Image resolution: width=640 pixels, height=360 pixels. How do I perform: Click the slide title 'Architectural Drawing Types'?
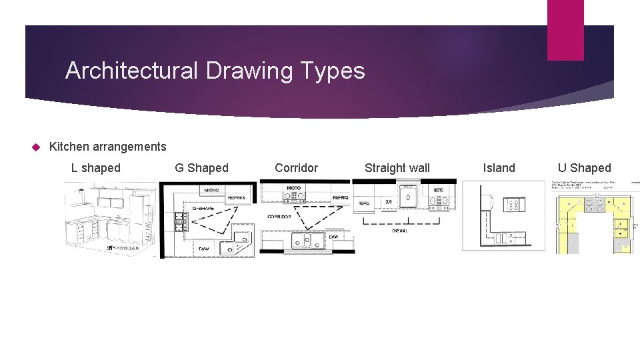pyautogui.click(x=215, y=71)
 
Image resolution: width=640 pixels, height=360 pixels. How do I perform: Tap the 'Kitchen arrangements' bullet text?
pyautogui.click(x=108, y=146)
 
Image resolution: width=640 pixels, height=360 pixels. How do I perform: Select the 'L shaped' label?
pyautogui.click(x=96, y=168)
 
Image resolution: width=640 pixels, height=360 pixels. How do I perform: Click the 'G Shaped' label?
pyautogui.click(x=201, y=168)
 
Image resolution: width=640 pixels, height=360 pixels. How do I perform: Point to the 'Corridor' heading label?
pyautogui.click(x=297, y=168)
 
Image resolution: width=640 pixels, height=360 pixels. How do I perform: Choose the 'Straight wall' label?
pyautogui.click(x=397, y=168)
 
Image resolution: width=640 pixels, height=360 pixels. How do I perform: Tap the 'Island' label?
pyautogui.click(x=499, y=168)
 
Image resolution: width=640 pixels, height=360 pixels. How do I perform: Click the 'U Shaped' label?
pyautogui.click(x=585, y=168)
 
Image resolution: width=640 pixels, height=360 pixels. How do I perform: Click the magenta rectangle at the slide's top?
pyautogui.click(x=565, y=30)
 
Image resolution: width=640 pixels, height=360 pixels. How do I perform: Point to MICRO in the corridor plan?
pyautogui.click(x=293, y=189)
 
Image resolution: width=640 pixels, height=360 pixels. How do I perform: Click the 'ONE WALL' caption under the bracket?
pyautogui.click(x=399, y=230)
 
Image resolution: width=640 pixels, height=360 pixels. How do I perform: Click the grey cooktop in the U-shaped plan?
pyautogui.click(x=593, y=205)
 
